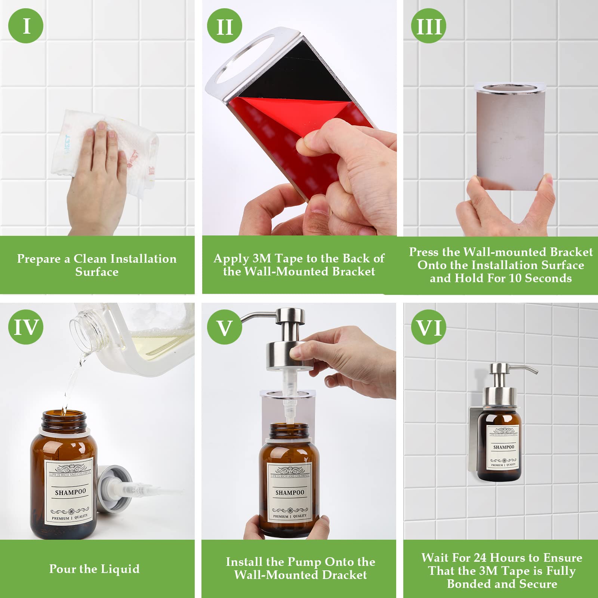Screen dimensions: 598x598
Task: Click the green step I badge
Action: (x=26, y=26)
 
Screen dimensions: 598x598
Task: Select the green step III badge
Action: (x=429, y=26)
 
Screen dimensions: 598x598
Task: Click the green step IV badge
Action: (x=26, y=327)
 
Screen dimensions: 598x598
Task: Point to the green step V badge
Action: (x=224, y=327)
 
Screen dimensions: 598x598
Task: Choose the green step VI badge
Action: (x=429, y=327)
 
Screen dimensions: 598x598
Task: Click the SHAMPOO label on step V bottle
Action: (x=290, y=493)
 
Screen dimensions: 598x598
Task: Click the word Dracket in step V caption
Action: (x=344, y=575)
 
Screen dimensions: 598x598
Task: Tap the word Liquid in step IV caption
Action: (x=120, y=568)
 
